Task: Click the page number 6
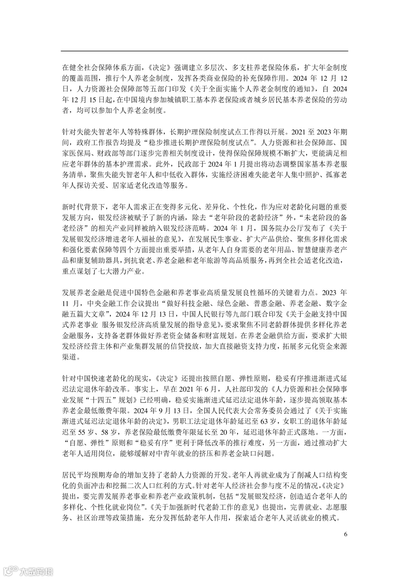(345, 534)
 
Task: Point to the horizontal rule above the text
(204, 51)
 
